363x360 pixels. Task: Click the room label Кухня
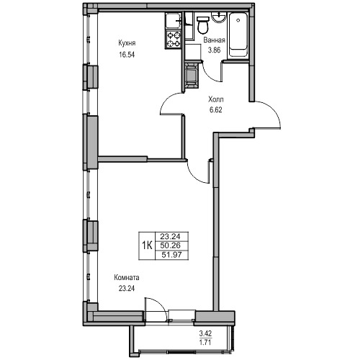coord(127,43)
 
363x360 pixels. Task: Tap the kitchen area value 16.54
coord(127,55)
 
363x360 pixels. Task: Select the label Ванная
coord(214,40)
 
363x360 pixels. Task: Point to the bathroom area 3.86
coord(214,50)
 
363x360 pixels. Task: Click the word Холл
coord(216,99)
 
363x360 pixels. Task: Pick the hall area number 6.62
coord(216,110)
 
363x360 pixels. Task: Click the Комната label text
coord(127,278)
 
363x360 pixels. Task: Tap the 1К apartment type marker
coord(147,246)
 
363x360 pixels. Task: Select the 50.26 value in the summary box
coord(171,246)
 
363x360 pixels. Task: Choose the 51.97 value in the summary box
coord(171,255)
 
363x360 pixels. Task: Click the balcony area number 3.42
coord(205,333)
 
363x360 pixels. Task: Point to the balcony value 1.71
coord(205,342)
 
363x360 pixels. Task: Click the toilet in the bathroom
coord(203,24)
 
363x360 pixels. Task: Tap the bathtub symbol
coord(238,35)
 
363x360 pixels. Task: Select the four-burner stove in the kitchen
coord(174,40)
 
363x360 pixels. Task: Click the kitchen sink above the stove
coord(173,21)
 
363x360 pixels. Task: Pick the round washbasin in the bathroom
coord(218,18)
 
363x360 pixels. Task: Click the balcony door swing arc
coord(159,303)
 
